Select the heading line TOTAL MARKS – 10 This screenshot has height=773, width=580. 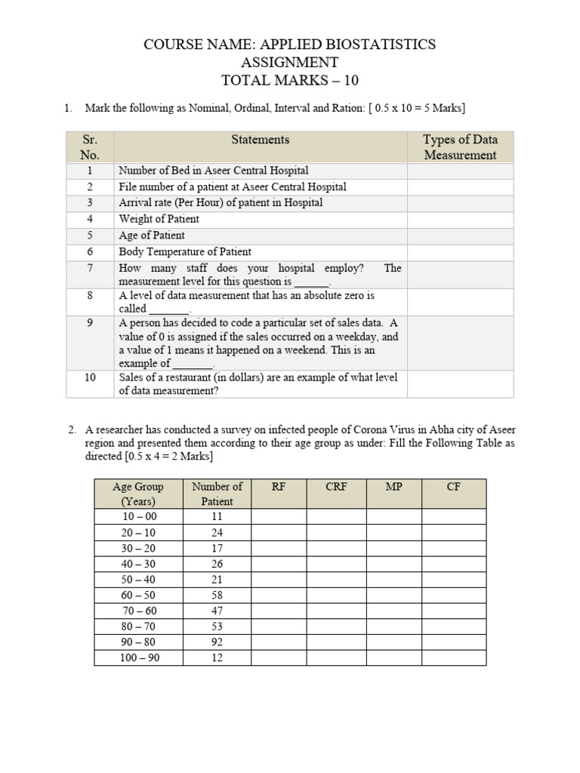pyautogui.click(x=289, y=81)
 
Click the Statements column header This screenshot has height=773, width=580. pyautogui.click(x=260, y=140)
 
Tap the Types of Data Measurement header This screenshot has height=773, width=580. pyautogui.click(x=460, y=147)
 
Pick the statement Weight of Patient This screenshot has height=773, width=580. pyautogui.click(x=159, y=219)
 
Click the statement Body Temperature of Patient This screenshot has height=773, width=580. pyautogui.click(x=185, y=251)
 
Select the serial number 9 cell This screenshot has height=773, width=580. pyautogui.click(x=90, y=322)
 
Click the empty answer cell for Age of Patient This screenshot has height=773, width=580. pyautogui.click(x=460, y=236)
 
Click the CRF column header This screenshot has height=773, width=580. pyautogui.click(x=336, y=487)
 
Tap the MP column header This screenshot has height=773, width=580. pyautogui.click(x=393, y=487)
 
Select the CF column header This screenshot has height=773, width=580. pyautogui.click(x=453, y=487)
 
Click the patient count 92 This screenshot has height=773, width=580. pyautogui.click(x=217, y=642)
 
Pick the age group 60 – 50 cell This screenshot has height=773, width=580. pyautogui.click(x=138, y=596)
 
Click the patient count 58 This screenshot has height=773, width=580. pyautogui.click(x=217, y=596)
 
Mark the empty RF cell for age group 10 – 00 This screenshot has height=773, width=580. pyautogui.click(x=279, y=517)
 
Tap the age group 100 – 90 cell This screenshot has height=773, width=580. pyautogui.click(x=138, y=658)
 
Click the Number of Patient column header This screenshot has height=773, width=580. pyautogui.click(x=217, y=494)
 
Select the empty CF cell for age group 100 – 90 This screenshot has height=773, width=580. pyautogui.click(x=453, y=658)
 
